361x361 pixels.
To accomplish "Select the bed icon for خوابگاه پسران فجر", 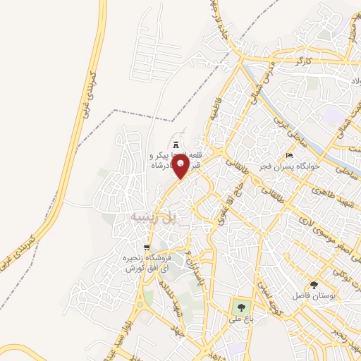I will (x=288, y=155).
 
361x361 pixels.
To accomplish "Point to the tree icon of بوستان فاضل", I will (x=314, y=284).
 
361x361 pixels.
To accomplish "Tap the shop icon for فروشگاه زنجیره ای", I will (x=147, y=247).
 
